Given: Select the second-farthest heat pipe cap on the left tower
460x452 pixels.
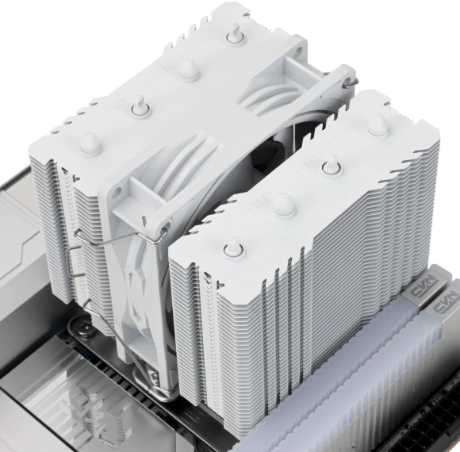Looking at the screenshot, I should click(x=186, y=70).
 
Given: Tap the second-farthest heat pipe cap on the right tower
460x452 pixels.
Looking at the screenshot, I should click(x=329, y=165).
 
